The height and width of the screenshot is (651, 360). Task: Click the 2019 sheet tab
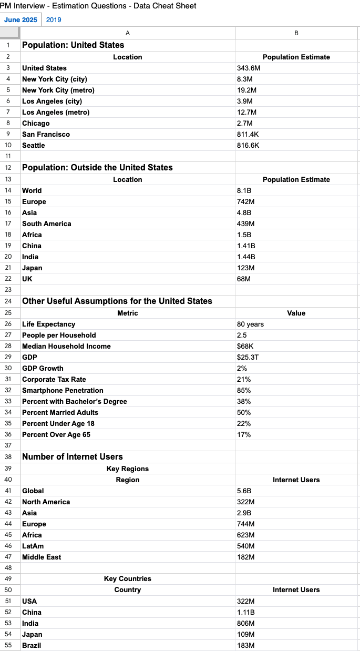[54, 20]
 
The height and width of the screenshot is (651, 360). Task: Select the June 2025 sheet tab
[20, 20]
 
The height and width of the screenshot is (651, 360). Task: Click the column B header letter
[296, 33]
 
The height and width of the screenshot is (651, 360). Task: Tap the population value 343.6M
[249, 68]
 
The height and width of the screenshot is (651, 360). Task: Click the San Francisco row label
[46, 135]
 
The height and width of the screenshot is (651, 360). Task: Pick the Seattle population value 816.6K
[248, 146]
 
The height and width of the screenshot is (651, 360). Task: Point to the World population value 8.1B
[244, 191]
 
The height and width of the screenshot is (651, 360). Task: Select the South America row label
[46, 224]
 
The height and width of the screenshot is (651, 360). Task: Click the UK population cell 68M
[244, 279]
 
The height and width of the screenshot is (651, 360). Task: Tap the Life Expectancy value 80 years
[250, 324]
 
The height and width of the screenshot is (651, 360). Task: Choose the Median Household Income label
[66, 347]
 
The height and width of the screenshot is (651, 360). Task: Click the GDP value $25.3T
[247, 358]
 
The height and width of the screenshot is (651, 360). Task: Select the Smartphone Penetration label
[63, 391]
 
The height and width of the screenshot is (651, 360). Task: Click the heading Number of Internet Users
[73, 457]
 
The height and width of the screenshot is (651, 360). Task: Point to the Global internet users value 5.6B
[244, 491]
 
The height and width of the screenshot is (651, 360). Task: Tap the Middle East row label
[42, 557]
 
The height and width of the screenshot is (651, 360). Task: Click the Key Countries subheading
[127, 579]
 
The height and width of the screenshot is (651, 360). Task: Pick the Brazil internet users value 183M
[246, 646]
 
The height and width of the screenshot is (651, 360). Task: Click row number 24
[8, 301]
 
